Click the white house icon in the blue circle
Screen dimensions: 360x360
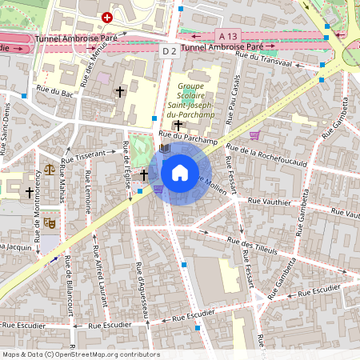click(180, 173)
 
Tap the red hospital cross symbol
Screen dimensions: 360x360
click(107, 17)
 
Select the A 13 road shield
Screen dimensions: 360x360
click(228, 35)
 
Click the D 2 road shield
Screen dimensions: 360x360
click(168, 51)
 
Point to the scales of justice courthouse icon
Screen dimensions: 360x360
click(50, 170)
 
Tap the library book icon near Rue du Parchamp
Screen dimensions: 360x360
click(165, 149)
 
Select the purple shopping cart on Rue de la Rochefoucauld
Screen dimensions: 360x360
click(255, 135)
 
